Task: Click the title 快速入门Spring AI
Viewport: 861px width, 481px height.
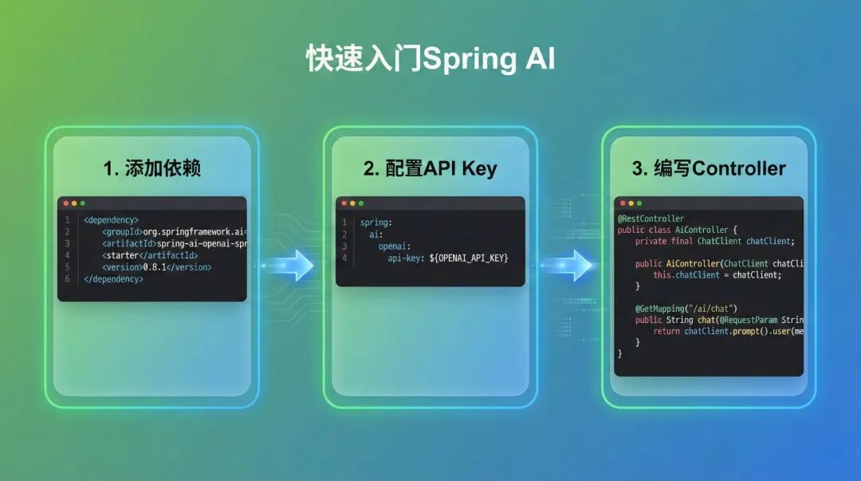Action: click(x=431, y=60)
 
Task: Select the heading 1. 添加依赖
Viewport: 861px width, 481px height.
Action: click(x=151, y=168)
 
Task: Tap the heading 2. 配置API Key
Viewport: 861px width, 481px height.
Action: click(x=430, y=168)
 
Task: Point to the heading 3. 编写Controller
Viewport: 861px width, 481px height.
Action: click(x=709, y=168)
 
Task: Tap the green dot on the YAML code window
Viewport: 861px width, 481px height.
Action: click(x=361, y=203)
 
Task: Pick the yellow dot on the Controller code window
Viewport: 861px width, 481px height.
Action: click(x=630, y=203)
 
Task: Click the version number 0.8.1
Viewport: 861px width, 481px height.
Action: click(x=157, y=267)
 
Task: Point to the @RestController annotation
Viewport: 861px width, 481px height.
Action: click(x=651, y=219)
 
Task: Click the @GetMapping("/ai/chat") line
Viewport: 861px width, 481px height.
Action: click(x=686, y=309)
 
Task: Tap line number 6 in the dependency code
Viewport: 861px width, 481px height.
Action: click(x=67, y=279)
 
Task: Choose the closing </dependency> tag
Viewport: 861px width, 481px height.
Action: click(x=114, y=279)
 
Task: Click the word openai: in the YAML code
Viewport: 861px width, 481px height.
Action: click(x=395, y=246)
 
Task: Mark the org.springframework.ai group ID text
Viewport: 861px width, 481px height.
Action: click(x=194, y=231)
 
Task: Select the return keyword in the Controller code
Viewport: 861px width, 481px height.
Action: click(x=666, y=331)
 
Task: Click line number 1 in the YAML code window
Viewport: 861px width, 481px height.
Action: click(x=344, y=223)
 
